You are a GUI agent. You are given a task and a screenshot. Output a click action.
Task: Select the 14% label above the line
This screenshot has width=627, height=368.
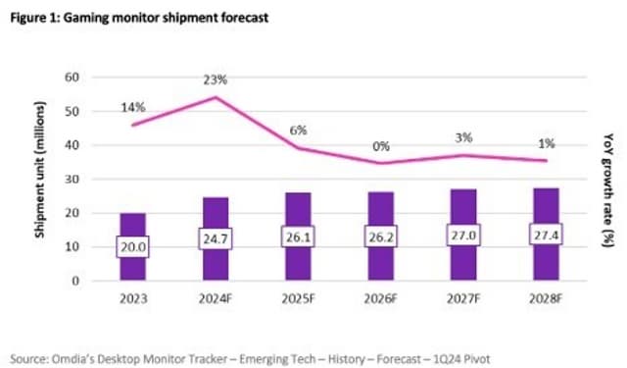pos(132,106)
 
